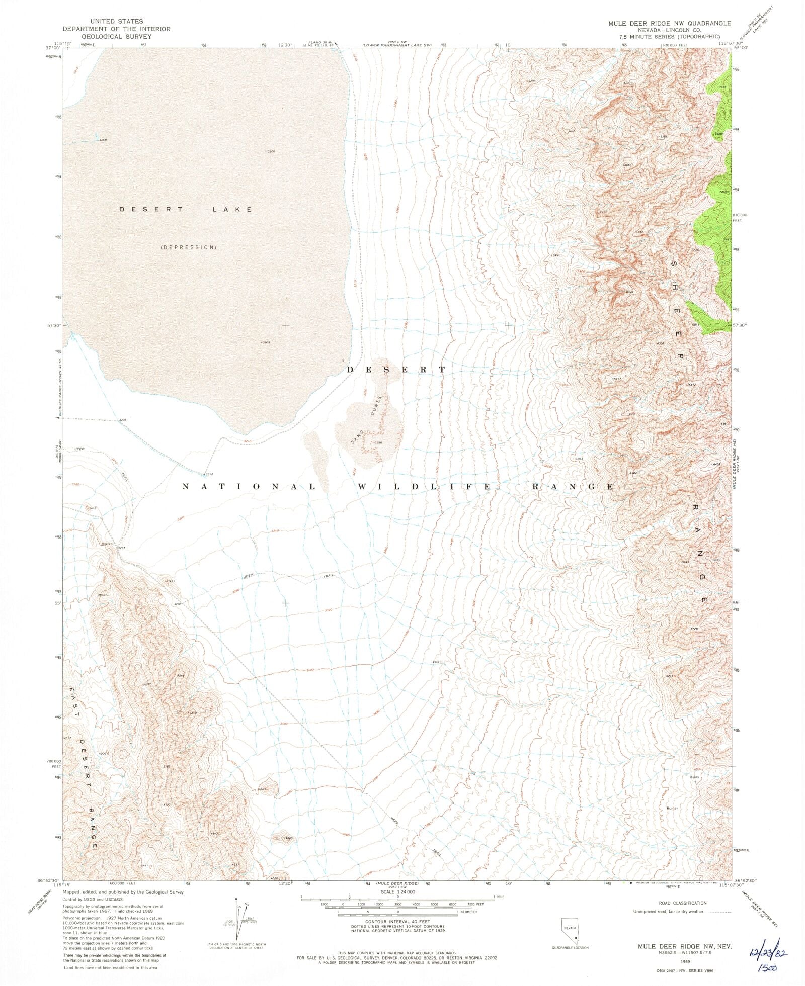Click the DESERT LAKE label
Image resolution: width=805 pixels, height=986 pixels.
point(186,209)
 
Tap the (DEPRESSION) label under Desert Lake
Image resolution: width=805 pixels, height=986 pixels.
point(189,247)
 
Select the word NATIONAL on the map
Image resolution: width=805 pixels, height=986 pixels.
point(249,487)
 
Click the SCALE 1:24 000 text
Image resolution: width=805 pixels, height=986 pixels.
point(397,891)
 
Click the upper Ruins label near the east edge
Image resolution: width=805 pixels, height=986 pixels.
point(694,777)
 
